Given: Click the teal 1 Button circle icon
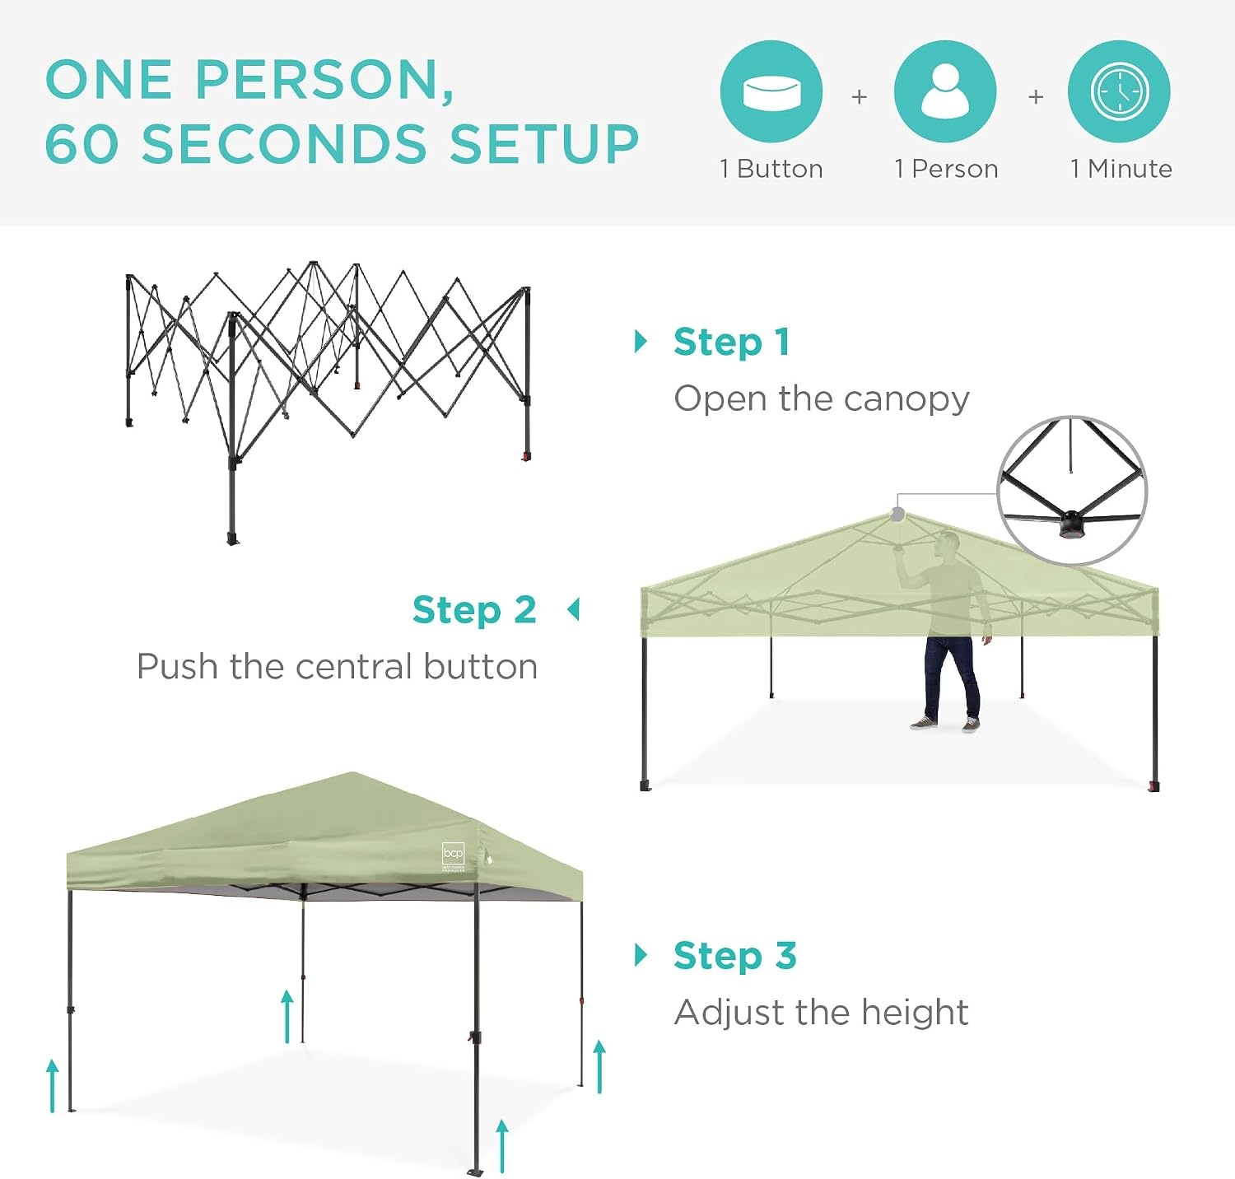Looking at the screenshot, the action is coord(771,91).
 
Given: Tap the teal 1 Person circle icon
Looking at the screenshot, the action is coord(945,91).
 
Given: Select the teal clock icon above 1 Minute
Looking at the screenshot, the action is coord(1119,91).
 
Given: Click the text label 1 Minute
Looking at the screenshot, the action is coord(1121,169).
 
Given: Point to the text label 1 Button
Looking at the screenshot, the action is coord(771,169).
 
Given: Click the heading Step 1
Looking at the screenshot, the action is coord(732,343).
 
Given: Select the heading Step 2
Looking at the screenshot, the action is coord(474,610).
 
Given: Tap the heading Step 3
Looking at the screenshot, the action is coord(735,956).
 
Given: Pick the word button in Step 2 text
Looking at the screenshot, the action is coord(481,666).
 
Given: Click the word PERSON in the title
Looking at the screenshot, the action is coord(324,81).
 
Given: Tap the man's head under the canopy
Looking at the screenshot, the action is coord(949,543).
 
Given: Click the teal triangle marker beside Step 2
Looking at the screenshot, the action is coord(574,610).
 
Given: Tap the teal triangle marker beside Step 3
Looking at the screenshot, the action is coord(641,955).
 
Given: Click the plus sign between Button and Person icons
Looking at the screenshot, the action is coord(859,97).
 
